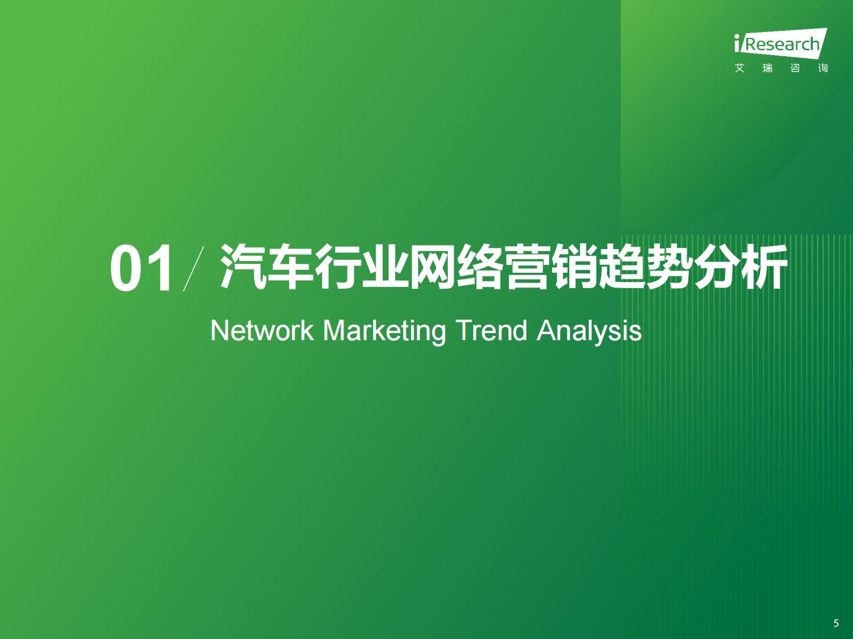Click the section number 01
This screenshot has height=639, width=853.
140,267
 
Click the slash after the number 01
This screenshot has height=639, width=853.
193,269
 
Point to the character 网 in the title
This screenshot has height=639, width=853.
433,267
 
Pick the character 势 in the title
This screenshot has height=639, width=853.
670,267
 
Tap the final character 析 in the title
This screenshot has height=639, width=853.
764,267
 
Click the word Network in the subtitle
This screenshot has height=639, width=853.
262,331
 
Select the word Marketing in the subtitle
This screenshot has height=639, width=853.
384,333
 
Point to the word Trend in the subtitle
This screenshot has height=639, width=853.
492,331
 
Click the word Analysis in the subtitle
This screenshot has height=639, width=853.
589,333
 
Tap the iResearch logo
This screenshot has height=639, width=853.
781,43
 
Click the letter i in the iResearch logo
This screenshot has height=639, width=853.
737,43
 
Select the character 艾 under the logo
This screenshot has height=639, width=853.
739,68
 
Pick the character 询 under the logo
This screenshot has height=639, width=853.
823,68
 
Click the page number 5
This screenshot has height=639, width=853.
836,623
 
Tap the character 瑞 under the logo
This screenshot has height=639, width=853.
768,68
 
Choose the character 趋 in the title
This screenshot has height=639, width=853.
623,267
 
